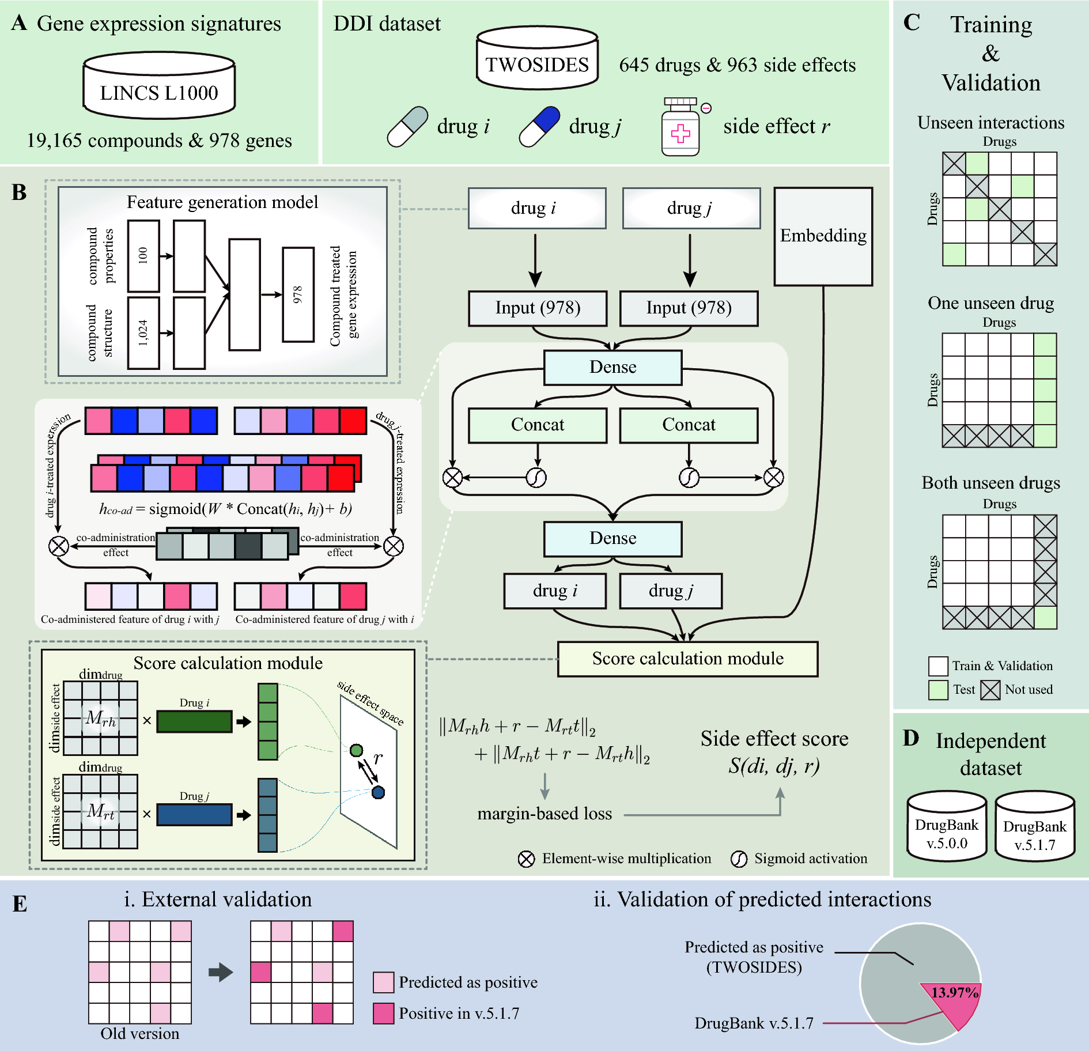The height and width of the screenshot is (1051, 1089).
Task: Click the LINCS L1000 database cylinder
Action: (159, 86)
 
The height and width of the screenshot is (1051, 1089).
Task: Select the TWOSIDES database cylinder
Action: (537, 58)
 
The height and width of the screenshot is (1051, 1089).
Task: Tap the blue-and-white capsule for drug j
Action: (539, 126)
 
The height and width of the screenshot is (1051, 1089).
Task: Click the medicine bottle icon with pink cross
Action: (680, 128)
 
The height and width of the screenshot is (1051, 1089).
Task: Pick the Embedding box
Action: (823, 236)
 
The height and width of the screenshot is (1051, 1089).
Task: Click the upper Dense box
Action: (612, 368)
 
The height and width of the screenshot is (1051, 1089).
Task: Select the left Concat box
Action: (538, 425)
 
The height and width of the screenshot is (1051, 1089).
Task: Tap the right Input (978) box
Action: (689, 308)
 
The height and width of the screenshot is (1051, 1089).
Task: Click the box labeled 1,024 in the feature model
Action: (143, 333)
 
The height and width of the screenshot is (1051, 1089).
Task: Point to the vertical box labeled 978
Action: (298, 294)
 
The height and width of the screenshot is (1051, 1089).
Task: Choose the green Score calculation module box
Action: (687, 659)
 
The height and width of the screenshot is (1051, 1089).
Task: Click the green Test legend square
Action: (938, 690)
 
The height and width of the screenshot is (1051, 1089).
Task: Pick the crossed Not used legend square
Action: (990, 690)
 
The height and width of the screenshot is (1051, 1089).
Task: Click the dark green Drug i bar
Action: (194, 721)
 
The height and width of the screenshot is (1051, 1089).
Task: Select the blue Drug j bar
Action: (194, 814)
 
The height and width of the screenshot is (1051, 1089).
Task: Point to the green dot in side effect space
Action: (357, 750)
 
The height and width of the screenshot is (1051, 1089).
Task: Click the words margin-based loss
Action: (544, 814)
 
